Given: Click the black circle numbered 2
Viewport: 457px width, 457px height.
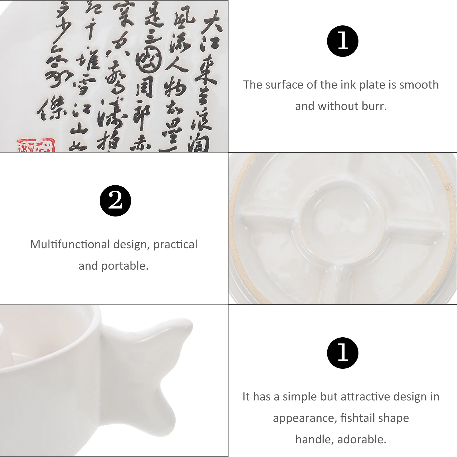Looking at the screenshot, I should (x=115, y=201).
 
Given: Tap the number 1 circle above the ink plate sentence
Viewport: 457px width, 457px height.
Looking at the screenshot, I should (x=342, y=41).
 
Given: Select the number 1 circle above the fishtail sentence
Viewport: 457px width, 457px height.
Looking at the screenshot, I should (x=342, y=353).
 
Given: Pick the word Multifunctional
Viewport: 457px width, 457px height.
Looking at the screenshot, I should (x=70, y=244).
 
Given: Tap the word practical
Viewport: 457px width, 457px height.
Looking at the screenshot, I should (x=175, y=244).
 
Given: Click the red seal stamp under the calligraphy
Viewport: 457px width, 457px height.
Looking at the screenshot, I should (x=36, y=145).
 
